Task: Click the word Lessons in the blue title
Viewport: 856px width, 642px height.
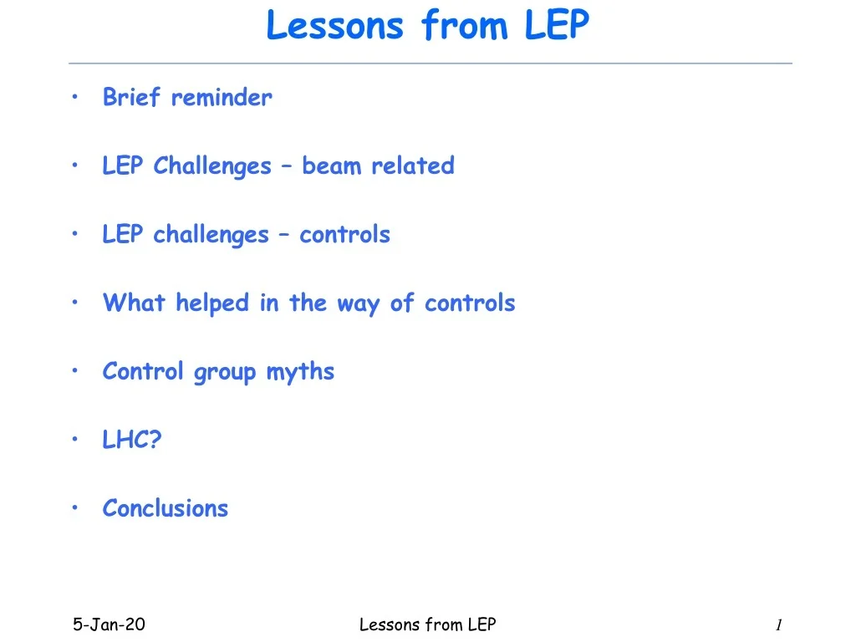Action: pos(334,25)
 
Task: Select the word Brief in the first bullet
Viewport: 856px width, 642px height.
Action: pos(131,97)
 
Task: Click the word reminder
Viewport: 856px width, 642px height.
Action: pos(221,98)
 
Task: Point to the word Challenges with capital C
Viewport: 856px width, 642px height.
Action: pos(211,166)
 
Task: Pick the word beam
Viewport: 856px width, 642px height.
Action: pos(331,166)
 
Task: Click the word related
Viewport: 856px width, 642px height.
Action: pos(413,166)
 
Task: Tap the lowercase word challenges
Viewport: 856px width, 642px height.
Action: pos(211,235)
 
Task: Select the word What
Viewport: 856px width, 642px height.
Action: pos(134,303)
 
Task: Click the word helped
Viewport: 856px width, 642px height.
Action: pos(212,303)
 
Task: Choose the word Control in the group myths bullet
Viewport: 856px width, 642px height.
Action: pos(142,371)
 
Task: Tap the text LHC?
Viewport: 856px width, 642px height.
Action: pos(132,440)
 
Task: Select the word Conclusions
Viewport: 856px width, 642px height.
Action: pos(166,508)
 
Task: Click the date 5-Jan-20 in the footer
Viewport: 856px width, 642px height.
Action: pos(110,624)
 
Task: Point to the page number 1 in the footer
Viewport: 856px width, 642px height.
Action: pos(779,624)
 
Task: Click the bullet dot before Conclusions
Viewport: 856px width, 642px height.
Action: pos(74,507)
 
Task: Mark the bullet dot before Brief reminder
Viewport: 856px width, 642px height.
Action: pos(74,97)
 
